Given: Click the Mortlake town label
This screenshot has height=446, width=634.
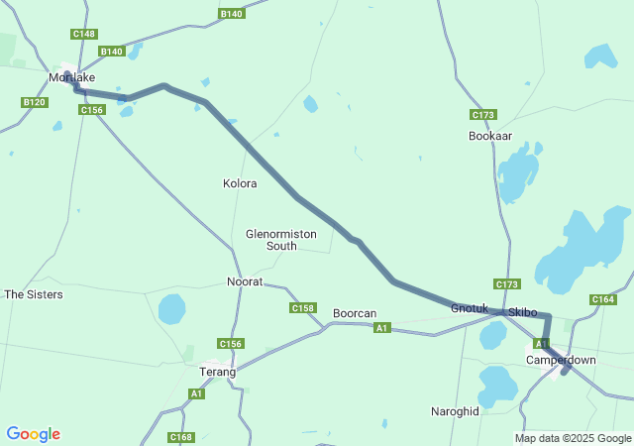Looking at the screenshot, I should pos(72,76).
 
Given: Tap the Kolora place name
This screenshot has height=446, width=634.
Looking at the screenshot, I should pos(240,183).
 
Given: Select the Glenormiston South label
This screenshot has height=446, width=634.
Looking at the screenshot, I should pos(281,240).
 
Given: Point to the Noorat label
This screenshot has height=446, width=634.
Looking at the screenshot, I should pos(245,281).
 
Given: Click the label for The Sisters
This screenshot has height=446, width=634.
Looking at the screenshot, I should pos(34,294).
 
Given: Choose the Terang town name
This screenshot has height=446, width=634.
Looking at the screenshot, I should pos(218,372).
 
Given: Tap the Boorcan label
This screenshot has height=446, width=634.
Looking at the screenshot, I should pos(354,312).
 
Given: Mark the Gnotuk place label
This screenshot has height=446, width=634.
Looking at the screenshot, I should pos(470,308).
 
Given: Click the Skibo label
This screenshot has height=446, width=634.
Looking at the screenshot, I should pos(522,312).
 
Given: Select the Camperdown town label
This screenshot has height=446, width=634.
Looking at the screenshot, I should pos(561,360).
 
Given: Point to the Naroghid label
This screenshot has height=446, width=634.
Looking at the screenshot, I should pos(455,410).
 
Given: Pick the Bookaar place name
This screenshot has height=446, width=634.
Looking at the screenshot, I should pos(490,136).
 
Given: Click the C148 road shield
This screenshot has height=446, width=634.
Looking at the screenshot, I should pos(84,34).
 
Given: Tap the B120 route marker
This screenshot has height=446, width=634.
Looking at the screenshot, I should pos(35,102).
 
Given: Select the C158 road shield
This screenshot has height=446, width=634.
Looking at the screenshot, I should pos(303,308).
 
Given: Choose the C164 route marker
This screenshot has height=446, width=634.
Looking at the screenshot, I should pos(602,299).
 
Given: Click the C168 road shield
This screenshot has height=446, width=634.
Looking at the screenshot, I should pos(181,437).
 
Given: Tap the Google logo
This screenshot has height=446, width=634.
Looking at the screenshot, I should pos(33,434).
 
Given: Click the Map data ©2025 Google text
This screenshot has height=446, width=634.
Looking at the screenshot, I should pos(572,438).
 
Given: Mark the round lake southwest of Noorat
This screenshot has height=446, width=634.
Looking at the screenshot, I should pos(171,309).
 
